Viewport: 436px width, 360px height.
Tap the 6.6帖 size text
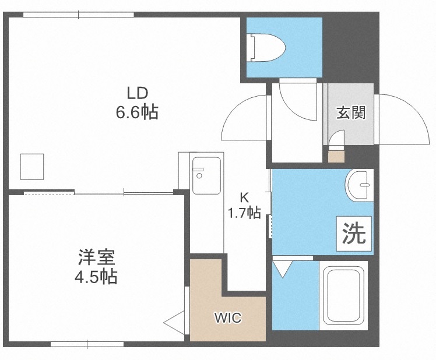click(137, 111)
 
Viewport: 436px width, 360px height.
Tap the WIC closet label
click(227, 319)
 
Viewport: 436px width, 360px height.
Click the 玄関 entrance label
click(350, 112)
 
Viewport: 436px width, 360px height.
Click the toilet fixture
click(267, 46)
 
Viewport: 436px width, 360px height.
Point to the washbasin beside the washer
click(358, 186)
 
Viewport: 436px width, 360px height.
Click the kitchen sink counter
click(206, 176)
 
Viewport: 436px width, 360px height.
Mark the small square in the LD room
click(32, 167)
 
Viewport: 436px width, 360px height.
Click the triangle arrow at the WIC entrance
click(174, 321)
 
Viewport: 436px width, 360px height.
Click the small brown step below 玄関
click(336, 156)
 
